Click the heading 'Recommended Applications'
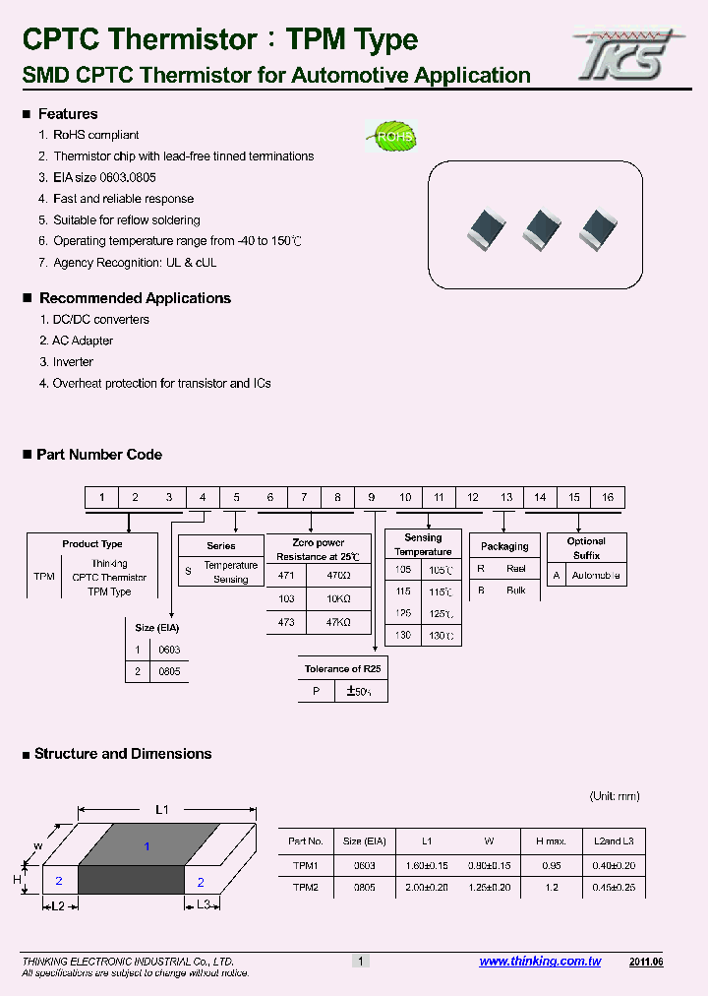[135, 298]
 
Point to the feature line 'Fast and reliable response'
[123, 199]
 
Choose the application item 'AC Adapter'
[83, 341]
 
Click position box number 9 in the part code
[371, 497]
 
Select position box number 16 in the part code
[608, 497]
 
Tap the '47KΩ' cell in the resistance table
[338, 623]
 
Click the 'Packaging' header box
[504, 546]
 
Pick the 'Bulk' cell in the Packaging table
[515, 591]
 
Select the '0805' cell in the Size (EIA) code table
[169, 671]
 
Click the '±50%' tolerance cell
[360, 691]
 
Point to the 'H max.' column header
[550, 841]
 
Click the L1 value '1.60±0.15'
[426, 864]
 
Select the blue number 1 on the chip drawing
[147, 846]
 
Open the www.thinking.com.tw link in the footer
[540, 962]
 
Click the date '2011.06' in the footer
[646, 962]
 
